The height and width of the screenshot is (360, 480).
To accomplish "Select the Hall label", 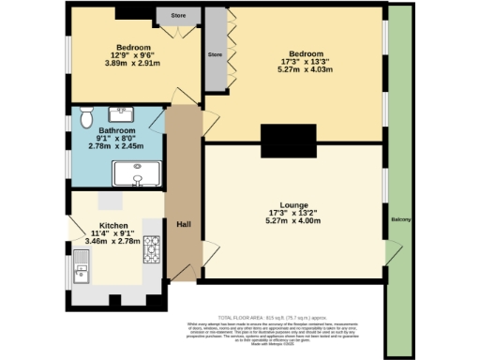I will click(184, 223).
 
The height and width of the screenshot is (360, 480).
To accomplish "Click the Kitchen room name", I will click(114, 226).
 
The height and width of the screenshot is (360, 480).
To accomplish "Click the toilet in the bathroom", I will click(86, 116).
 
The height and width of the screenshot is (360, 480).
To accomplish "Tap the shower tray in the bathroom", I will click(136, 173).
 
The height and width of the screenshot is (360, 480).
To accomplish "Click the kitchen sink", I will click(82, 273).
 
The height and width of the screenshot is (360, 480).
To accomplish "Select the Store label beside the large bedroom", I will click(214, 54).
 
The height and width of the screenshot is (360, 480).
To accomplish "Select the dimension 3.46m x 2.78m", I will click(112, 241).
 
